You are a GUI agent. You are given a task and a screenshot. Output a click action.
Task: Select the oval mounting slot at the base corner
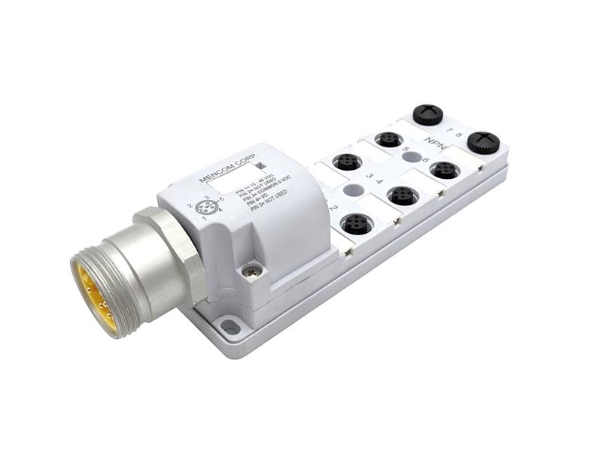point(231,326)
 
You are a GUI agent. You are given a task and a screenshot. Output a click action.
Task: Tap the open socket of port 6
point(445,170)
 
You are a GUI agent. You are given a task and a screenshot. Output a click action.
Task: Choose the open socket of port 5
point(388,139)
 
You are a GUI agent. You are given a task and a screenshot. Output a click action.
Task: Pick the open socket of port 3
point(346,162)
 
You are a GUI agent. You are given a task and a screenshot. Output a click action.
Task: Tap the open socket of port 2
point(354,223)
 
